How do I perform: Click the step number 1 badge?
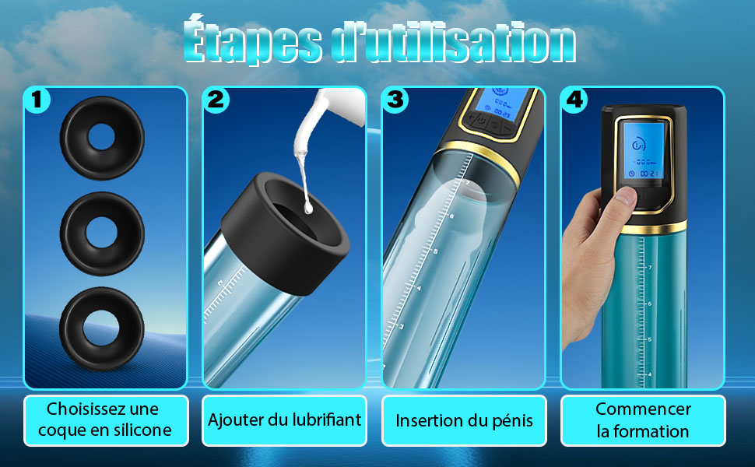click(x=37, y=100)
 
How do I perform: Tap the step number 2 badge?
click(x=216, y=100)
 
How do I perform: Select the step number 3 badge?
click(x=395, y=100)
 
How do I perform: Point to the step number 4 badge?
click(x=574, y=100)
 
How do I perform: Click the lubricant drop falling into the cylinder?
click(x=308, y=208)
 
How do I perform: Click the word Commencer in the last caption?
click(x=643, y=409)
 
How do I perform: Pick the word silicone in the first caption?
click(x=141, y=430)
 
